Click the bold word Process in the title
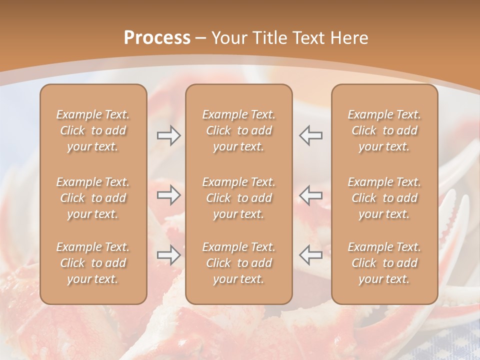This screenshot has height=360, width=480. tap(157, 38)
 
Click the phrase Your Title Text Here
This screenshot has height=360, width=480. tap(290, 38)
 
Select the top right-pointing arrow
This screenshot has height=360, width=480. tap(168, 135)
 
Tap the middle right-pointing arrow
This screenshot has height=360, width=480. tap(168, 195)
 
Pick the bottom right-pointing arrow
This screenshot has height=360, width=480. tap(168, 255)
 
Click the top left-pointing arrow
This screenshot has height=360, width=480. tap(311, 135)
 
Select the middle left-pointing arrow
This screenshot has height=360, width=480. tap(311, 195)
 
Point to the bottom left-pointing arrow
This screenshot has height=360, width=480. tap(311, 255)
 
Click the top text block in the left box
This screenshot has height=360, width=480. tap(93, 130)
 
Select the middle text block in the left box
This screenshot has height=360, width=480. tap(93, 198)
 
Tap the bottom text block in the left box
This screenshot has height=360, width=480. tap(93, 263)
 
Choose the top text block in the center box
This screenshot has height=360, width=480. tap(238, 130)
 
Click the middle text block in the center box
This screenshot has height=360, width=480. tap(238, 198)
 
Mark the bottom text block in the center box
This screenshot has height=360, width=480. tap(238, 263)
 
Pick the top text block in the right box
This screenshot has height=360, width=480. tap(384, 130)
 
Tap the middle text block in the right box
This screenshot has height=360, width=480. tap(384, 198)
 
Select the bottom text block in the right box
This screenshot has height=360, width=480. tap(384, 263)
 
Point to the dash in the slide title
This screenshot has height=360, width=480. tap(201, 38)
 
